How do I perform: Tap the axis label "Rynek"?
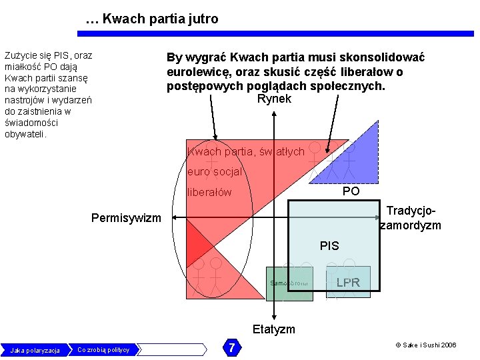(274, 99)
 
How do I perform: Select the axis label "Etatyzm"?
(273, 329)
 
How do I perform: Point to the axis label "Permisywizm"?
(126, 218)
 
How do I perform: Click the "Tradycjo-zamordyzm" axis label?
(411, 217)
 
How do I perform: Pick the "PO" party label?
(351, 191)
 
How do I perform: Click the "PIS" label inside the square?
(329, 245)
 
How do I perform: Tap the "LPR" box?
(348, 282)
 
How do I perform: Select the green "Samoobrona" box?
(289, 283)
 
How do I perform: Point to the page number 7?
(231, 347)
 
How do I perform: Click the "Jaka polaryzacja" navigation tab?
(35, 350)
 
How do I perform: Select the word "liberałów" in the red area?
(209, 192)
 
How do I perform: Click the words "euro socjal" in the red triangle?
(214, 171)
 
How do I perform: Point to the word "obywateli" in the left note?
(25, 134)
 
